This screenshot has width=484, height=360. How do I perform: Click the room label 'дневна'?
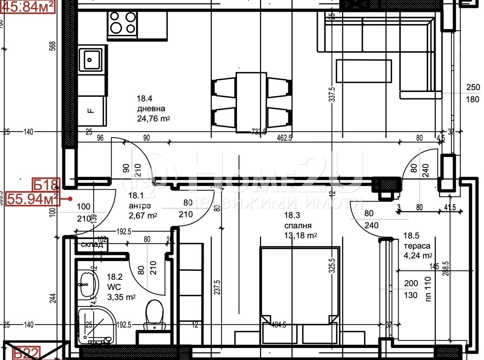pyautogui.click(x=151, y=109)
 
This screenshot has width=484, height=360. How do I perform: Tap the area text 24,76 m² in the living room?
pyautogui.click(x=153, y=119)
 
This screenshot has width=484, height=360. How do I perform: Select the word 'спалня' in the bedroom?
pyautogui.click(x=297, y=226)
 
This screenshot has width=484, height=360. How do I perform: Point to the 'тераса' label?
pyautogui.click(x=417, y=246)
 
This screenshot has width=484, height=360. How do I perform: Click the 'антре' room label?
pyautogui.click(x=140, y=206)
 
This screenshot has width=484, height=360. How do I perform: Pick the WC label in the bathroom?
pyautogui.click(x=114, y=287)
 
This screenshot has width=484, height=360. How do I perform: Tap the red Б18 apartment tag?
pyautogui.click(x=45, y=185)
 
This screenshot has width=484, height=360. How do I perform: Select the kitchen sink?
pyautogui.click(x=92, y=59)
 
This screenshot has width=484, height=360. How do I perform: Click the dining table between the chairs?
pyautogui.click(x=251, y=102)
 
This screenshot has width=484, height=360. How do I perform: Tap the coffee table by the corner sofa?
pyautogui.click(x=364, y=71)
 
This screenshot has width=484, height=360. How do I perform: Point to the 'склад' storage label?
pyautogui.click(x=92, y=245)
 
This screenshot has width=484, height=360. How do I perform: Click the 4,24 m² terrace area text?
pyautogui.click(x=418, y=256)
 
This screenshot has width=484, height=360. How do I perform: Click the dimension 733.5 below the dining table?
pyautogui.click(x=259, y=132)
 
